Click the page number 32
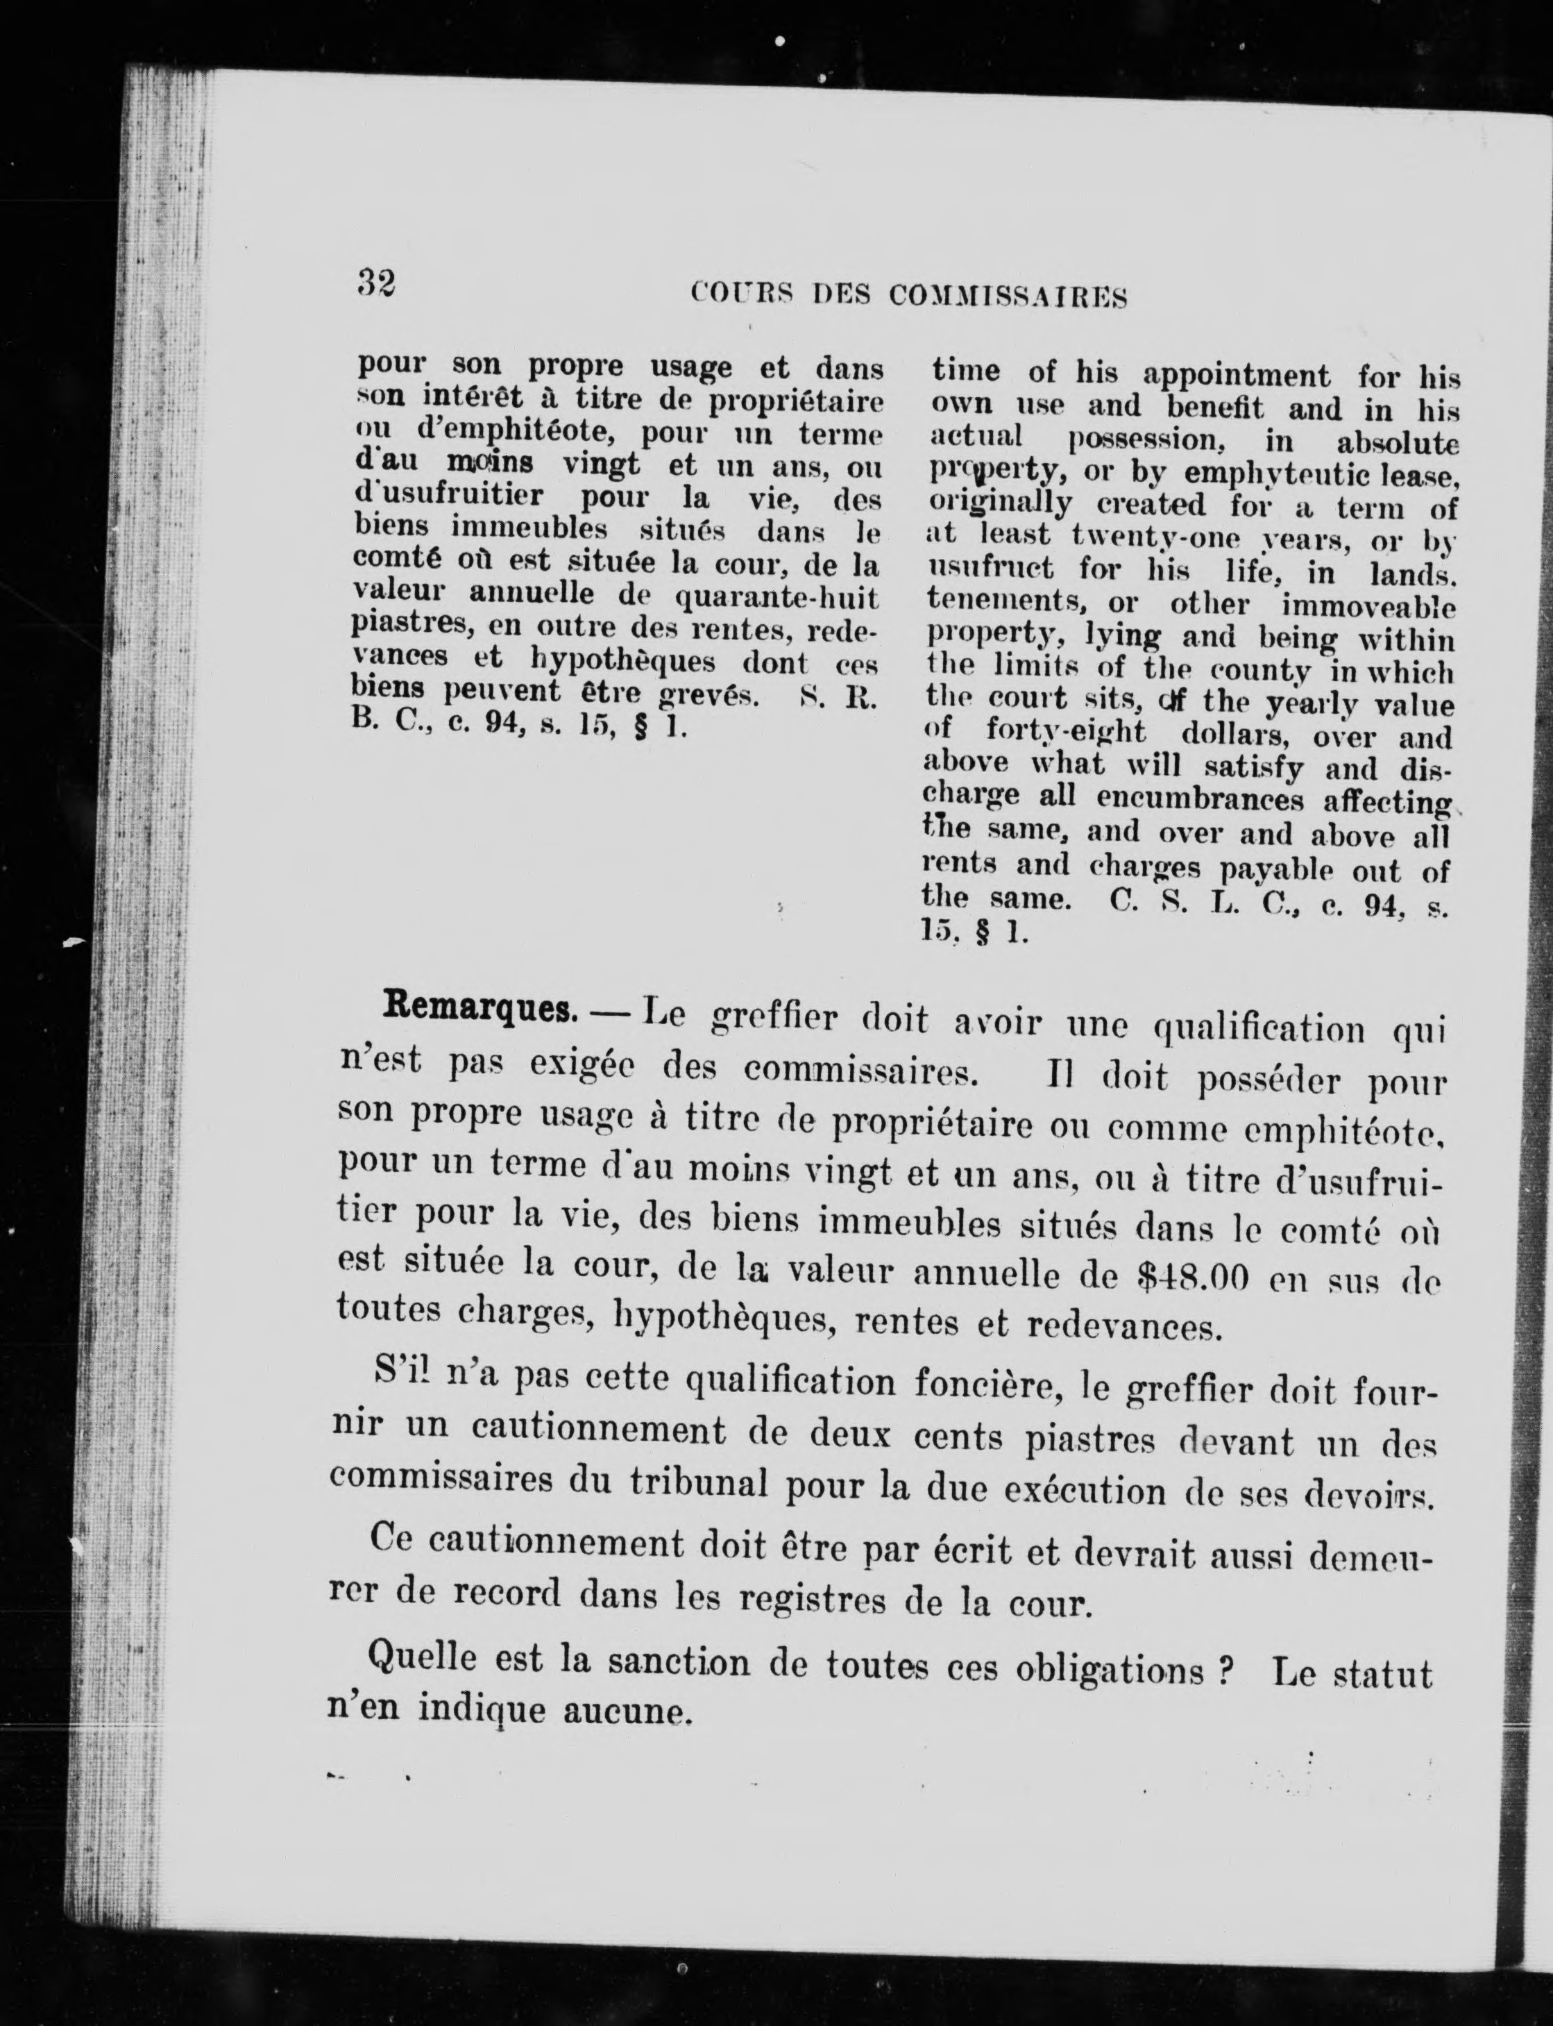376,281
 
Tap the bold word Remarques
474,1007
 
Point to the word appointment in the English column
1237,376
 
